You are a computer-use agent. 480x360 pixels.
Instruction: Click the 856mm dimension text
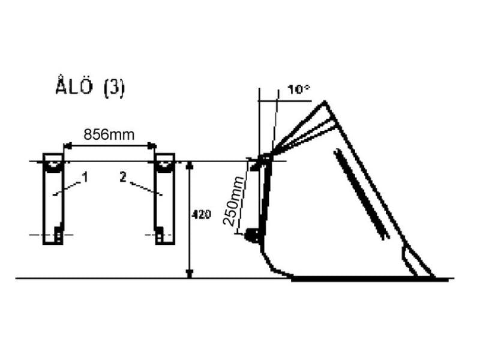click(x=109, y=135)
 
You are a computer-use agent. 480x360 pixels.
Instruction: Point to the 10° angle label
click(x=298, y=90)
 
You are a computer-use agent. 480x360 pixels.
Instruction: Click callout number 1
click(x=85, y=177)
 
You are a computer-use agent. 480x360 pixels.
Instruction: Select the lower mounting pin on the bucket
click(x=252, y=236)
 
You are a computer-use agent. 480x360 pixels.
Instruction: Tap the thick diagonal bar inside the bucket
click(x=360, y=192)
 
